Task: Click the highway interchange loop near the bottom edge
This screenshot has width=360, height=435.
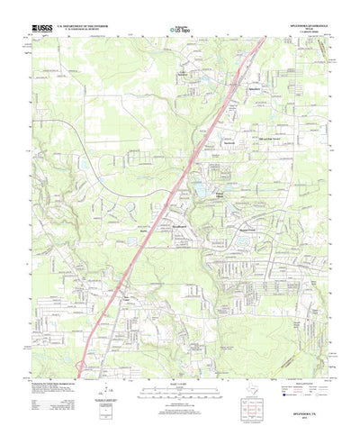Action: pyautogui.click(x=83, y=365)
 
